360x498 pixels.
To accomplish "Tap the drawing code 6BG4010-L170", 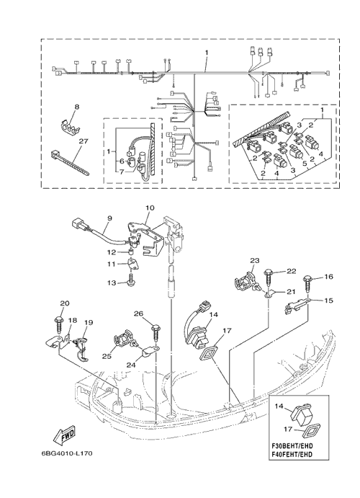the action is coord(67,453).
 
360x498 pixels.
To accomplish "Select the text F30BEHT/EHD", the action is coord(292,446).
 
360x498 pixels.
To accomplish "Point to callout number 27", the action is coord(83,141).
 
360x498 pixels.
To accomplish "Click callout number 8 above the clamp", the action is coord(77,107).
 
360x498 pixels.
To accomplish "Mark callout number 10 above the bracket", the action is coord(150,208).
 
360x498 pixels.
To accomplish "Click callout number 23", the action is coord(254,260).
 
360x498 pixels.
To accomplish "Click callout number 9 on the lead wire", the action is coord(109,218).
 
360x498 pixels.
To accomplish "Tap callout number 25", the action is coord(107,356).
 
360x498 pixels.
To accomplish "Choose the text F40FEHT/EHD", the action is coord(292,455).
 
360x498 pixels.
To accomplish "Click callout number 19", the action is coord(89,322).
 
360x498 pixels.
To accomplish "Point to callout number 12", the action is coord(111,252).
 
